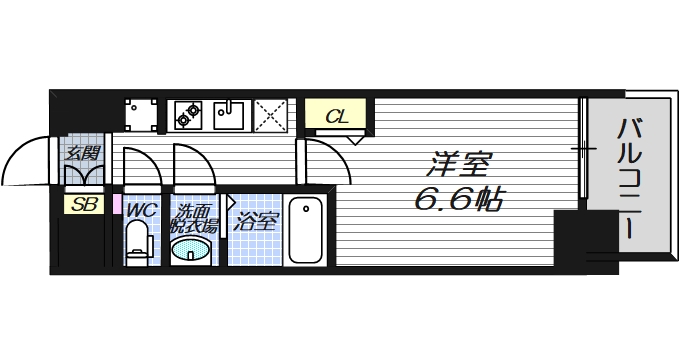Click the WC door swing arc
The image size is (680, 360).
coord(141,165)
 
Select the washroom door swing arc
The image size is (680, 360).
coord(191,165)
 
